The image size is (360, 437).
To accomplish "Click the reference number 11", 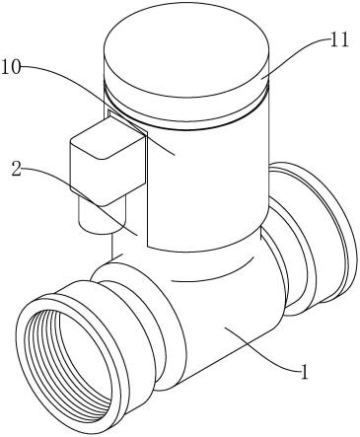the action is [x=339, y=41].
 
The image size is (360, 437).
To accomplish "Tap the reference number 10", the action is [x=11, y=68].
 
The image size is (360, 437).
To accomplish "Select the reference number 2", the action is [x=17, y=169].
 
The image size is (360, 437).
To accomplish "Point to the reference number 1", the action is [x=305, y=373].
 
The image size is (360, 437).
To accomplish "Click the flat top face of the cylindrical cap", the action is [x=186, y=50].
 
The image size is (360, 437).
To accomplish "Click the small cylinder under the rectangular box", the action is [x=102, y=215].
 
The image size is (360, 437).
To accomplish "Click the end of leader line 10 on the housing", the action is [x=175, y=154].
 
